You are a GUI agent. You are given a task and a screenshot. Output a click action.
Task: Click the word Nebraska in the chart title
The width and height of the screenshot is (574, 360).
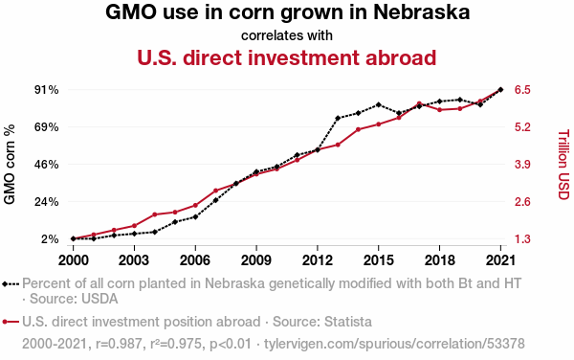(x=421, y=12)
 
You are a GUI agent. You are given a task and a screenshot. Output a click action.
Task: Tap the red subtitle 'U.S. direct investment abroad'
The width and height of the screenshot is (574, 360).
(x=287, y=57)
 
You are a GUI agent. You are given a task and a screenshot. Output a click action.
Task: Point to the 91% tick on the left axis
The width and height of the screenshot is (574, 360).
(x=47, y=90)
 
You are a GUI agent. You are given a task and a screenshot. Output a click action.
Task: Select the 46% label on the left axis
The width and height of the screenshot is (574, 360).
(x=47, y=165)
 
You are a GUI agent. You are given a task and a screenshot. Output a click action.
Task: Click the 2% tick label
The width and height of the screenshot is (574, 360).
(x=50, y=239)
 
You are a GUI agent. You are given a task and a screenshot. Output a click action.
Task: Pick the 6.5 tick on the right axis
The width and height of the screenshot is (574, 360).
(x=522, y=90)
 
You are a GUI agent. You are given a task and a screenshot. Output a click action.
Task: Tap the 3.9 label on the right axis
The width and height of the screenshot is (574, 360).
(x=522, y=165)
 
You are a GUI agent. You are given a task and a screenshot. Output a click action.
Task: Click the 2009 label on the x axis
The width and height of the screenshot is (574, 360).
(x=256, y=260)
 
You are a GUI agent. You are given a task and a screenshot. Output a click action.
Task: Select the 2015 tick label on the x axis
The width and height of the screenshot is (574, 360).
(x=378, y=260)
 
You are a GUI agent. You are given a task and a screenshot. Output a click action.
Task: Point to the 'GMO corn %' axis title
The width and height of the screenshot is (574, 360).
(x=10, y=164)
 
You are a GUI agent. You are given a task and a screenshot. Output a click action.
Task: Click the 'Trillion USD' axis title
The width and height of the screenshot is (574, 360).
(x=563, y=165)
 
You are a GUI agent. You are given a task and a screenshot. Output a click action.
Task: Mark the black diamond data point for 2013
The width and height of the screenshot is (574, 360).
(x=338, y=118)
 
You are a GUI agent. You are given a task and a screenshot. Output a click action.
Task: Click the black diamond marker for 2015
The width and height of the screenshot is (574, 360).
(x=379, y=105)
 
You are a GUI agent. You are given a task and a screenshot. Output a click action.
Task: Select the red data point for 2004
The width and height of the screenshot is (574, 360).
(x=155, y=214)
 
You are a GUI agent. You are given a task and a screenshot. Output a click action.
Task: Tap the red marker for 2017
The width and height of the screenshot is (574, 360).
(x=419, y=103)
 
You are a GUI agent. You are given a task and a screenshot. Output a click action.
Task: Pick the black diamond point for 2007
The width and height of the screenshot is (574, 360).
(x=215, y=200)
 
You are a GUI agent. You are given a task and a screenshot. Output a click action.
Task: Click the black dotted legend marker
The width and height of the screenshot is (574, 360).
(x=11, y=283)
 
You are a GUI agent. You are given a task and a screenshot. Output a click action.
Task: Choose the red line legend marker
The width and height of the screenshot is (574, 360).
(x=11, y=322)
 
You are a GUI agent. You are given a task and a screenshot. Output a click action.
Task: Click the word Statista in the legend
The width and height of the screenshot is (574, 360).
(x=348, y=322)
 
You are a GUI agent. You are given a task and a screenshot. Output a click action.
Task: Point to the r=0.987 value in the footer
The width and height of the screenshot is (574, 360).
(x=119, y=344)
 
